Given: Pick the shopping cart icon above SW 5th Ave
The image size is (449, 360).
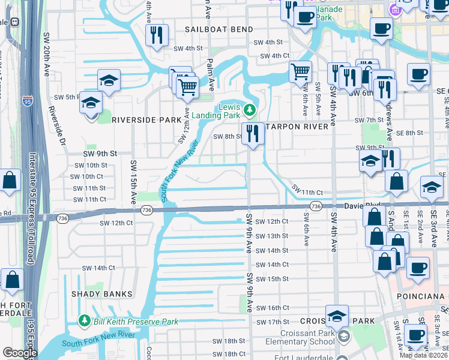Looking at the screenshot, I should click(300, 73).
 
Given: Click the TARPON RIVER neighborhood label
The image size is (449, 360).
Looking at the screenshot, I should click(297, 127).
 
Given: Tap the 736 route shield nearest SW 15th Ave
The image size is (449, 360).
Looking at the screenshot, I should click(146, 210).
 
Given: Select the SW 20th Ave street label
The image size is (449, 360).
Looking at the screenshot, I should click(46, 53).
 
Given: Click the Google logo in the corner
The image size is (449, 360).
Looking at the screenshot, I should click(19, 353).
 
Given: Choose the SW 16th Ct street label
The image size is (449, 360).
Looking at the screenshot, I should click(271, 308).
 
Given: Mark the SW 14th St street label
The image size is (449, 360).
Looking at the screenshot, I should click(272, 250).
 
